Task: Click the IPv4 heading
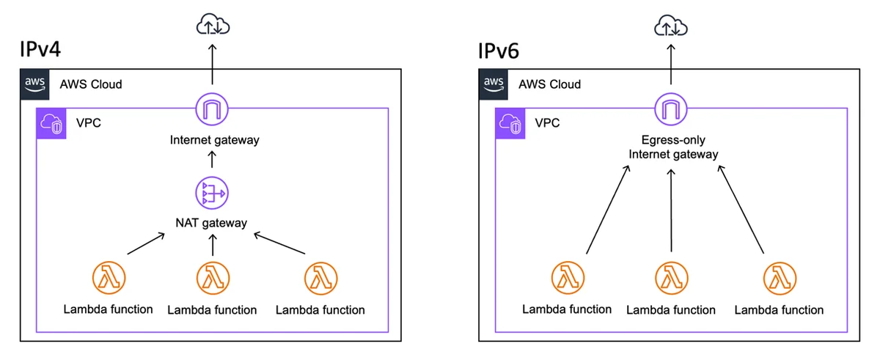[x=40, y=49]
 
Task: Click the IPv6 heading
[x=499, y=51]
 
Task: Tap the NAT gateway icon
[x=212, y=193]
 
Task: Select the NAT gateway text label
[x=211, y=223]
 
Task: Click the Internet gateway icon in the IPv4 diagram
[x=212, y=109]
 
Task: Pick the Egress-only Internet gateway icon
[x=671, y=109]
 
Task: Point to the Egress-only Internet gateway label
[x=673, y=147]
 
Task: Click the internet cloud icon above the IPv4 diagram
[x=213, y=24]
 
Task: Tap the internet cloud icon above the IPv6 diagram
[x=671, y=25]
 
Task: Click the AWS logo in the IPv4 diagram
[x=35, y=84]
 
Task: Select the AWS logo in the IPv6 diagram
[x=494, y=84]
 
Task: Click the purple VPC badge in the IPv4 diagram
[x=51, y=124]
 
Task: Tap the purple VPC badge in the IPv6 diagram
[x=510, y=124]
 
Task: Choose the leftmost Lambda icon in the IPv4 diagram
[x=109, y=278]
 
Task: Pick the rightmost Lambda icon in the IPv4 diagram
[x=321, y=279]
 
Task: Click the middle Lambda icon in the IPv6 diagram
[x=672, y=279]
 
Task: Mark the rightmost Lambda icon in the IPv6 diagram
[x=780, y=279]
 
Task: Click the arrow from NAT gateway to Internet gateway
[x=212, y=160]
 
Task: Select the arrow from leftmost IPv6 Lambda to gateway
[x=608, y=210]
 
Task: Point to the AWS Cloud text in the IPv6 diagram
[x=549, y=84]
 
